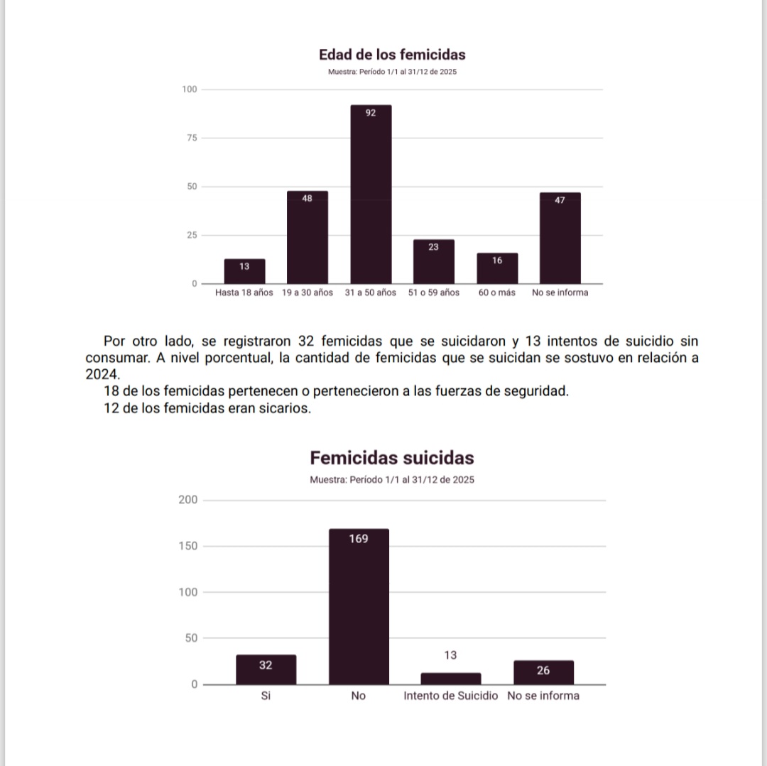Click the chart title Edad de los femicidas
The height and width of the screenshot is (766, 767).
coord(392,55)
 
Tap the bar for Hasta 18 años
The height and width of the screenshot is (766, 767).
coord(244,272)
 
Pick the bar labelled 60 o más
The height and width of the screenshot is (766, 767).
coord(497,269)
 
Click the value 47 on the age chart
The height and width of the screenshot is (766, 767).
coord(560,200)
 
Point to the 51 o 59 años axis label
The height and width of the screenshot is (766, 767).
coord(433,292)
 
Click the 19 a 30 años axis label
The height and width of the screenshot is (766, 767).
coord(307,292)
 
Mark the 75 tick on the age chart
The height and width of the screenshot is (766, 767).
coord(189,138)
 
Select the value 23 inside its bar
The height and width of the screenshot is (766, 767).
coord(433,247)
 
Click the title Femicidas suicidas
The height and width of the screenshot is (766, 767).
coord(392,457)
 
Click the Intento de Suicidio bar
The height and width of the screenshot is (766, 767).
coord(450,679)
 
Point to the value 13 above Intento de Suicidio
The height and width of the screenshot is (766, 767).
coord(450,655)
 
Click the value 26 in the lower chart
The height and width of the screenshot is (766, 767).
coord(543,670)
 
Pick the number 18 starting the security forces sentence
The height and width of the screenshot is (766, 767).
coord(111,391)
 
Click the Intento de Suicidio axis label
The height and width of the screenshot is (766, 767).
coord(450,696)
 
